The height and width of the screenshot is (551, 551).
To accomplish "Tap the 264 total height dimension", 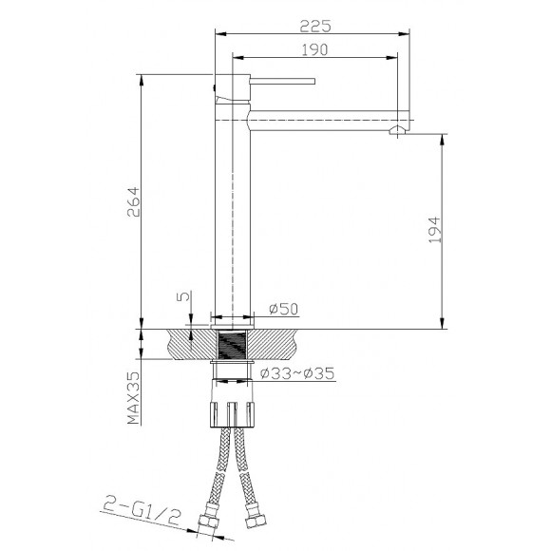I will tap(133, 201).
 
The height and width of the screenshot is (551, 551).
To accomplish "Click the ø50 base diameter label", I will tap(284, 309).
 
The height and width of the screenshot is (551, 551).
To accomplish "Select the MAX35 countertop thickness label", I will tap(135, 398).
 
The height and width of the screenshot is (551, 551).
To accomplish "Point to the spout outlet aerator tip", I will tap(400, 128).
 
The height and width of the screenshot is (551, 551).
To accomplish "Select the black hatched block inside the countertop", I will tap(233, 343).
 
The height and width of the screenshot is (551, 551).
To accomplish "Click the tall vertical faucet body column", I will tap(233, 218).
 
